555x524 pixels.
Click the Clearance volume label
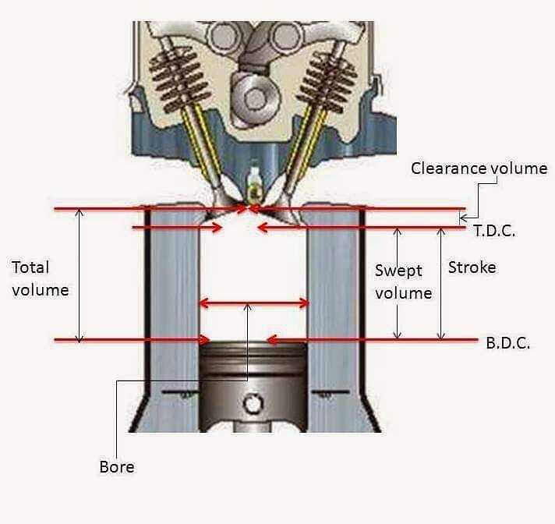tap(479, 168)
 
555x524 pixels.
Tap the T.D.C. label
tap(494, 231)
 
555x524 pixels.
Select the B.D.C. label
tap(508, 343)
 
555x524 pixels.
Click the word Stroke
tap(472, 267)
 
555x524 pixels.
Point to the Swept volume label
tap(404, 281)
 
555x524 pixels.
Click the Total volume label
tap(40, 278)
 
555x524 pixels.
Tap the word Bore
tap(117, 467)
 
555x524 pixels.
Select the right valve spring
tap(327, 82)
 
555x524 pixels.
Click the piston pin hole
tap(253, 403)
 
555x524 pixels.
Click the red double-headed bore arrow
tap(254, 303)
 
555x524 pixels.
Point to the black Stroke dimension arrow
tap(440, 284)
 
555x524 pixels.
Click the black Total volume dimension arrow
tap(80, 275)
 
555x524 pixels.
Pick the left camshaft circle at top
tap(223, 37)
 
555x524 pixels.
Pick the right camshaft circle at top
tap(287, 37)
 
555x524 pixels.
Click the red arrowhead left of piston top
tap(204, 340)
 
